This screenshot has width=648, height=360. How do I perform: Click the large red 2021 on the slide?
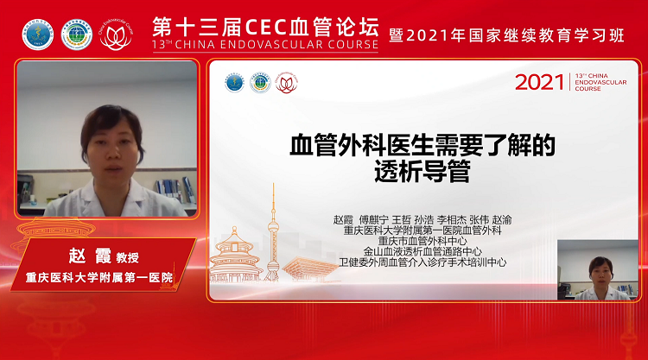point(540,82)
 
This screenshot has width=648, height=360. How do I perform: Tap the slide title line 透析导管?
point(422,171)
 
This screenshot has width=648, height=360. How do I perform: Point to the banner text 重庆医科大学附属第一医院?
point(98,278)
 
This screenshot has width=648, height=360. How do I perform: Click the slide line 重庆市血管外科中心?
point(422,240)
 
